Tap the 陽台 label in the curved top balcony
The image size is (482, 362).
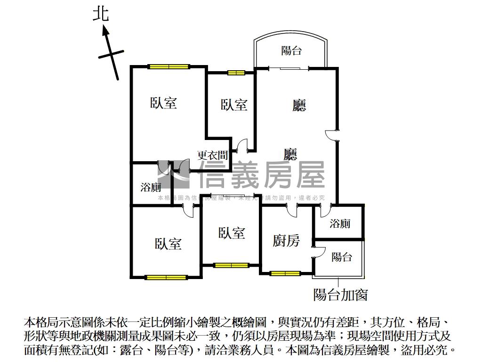[291, 50]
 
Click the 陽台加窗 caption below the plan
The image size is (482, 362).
[340, 295]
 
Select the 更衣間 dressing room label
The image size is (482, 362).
[212, 155]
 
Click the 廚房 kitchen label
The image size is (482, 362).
[286, 241]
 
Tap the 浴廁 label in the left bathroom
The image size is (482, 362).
[151, 187]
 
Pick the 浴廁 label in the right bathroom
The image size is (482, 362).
[340, 223]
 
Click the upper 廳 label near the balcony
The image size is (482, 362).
[299, 106]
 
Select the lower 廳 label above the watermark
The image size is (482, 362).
[290, 155]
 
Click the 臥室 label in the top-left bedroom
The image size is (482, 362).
[163, 103]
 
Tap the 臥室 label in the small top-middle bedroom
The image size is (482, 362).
[234, 105]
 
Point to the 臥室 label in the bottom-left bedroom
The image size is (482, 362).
[168, 244]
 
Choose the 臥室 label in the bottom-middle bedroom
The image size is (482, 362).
[232, 233]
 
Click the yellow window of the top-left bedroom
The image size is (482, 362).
[169, 66]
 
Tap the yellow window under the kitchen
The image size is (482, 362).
[285, 273]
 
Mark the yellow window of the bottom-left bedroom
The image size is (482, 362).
[166, 277]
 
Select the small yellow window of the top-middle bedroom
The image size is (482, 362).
[236, 73]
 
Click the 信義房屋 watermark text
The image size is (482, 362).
[262, 175]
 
